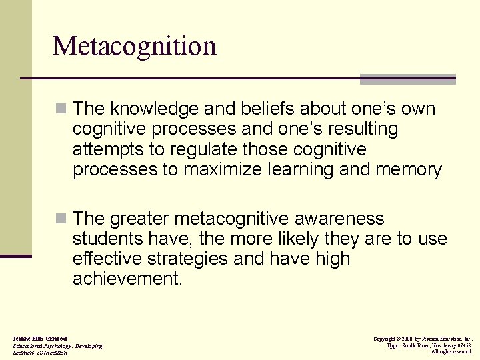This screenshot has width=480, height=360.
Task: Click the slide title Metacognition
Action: click(135, 46)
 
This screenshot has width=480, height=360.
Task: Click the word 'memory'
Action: click(409, 169)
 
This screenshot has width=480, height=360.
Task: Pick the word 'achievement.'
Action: click(127, 279)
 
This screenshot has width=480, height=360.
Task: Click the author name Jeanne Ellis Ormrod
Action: click(39, 339)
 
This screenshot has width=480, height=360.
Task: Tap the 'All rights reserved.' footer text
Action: click(451, 352)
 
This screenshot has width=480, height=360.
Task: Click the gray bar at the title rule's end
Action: click(407, 79)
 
